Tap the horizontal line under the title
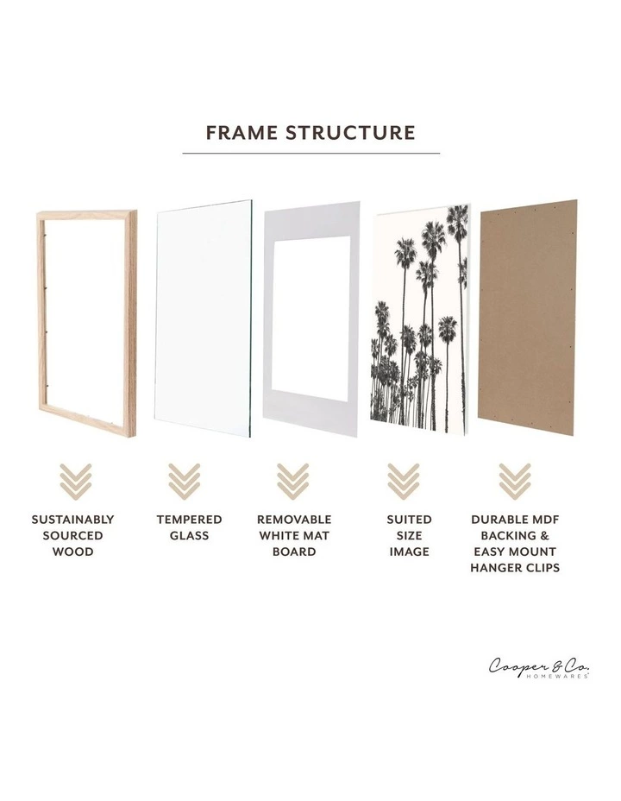click(x=310, y=154)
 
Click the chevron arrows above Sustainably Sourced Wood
click(x=74, y=481)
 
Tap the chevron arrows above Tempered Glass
click(x=184, y=481)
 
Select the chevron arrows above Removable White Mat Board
click(x=293, y=481)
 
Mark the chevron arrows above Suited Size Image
click(x=403, y=481)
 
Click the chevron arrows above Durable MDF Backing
click(x=515, y=481)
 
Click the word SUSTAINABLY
click(x=73, y=520)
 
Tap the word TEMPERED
click(x=189, y=520)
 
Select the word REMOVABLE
click(x=294, y=520)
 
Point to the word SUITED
click(x=409, y=520)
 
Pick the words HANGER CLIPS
click(x=515, y=568)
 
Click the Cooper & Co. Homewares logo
click(x=539, y=668)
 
